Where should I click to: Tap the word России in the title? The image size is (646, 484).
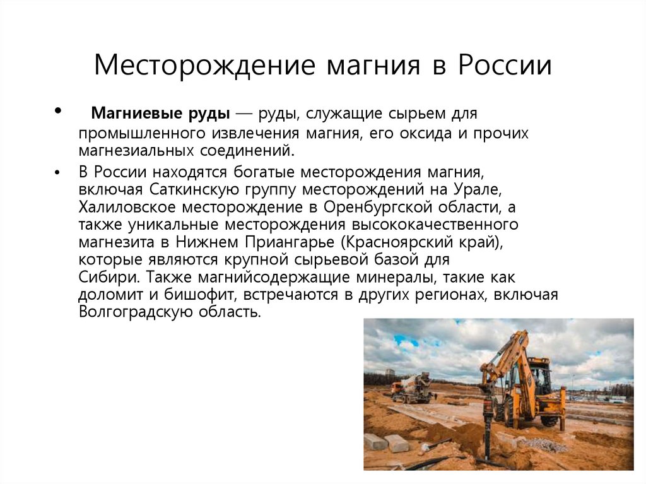505,66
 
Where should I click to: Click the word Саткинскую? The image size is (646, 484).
194,189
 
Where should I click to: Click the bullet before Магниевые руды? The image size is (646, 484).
58,110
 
